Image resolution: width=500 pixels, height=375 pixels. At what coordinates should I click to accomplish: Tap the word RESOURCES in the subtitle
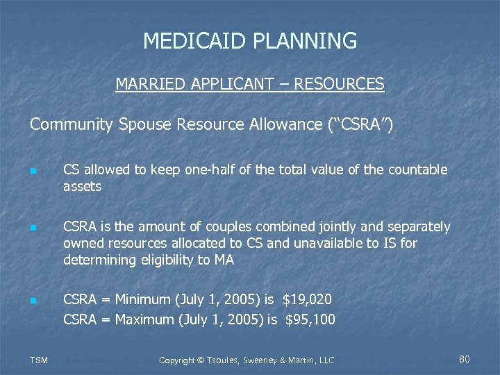pos(339,85)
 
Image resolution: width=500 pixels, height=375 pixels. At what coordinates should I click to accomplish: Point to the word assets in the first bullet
pos(82,186)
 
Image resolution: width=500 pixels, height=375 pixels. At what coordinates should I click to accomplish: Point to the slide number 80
pos(465,359)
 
